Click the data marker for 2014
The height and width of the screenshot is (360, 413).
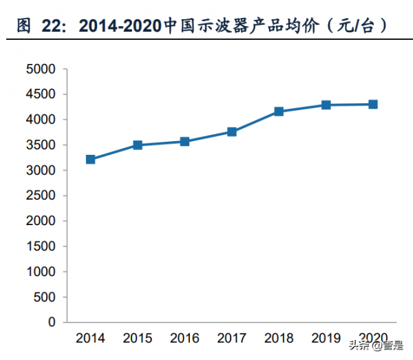pos(90,159)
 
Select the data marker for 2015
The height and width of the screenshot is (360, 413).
pos(138,145)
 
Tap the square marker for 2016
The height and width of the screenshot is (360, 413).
pos(184,141)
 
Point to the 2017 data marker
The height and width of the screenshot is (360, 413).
pos(232,131)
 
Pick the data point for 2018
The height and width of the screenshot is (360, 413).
pos(279,111)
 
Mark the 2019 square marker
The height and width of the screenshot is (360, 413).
pos(326,105)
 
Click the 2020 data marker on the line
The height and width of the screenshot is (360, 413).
pos(372,104)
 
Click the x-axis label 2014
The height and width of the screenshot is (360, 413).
pos(90,338)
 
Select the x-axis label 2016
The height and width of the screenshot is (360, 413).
pos(184,338)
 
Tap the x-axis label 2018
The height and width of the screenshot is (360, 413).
pos(279,338)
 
